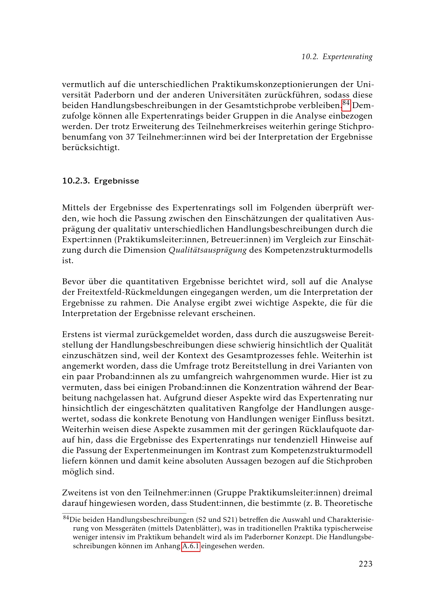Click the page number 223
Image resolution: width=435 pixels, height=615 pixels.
tap(365, 564)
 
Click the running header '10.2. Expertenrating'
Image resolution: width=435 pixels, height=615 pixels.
tap(337, 57)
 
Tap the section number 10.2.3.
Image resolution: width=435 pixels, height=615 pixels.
tap(76, 181)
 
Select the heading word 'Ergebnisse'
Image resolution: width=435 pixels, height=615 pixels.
tap(117, 181)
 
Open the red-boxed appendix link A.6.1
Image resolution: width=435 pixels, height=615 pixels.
tap(191, 546)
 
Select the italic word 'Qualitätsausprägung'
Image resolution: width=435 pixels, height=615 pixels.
tap(207, 250)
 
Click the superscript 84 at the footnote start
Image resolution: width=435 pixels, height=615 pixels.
tap(66, 518)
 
